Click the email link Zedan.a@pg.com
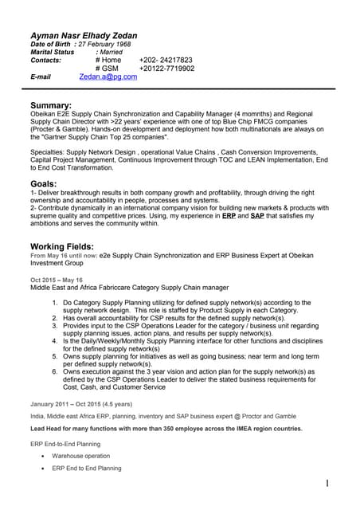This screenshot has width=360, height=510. point(108,77)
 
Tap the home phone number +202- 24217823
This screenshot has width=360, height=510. point(166,60)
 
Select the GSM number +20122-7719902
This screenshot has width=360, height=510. point(166,69)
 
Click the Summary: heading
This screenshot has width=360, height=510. point(51,105)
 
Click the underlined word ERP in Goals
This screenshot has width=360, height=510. point(229,216)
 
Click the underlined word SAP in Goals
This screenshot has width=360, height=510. point(257,216)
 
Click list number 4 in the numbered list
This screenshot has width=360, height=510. point(55,341)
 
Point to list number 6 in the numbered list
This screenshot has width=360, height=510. point(55,371)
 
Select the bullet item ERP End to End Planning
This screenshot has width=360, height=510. point(87,469)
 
